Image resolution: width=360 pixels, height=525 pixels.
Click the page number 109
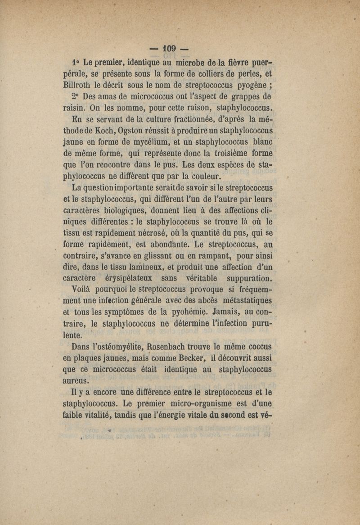[x=171, y=48]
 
